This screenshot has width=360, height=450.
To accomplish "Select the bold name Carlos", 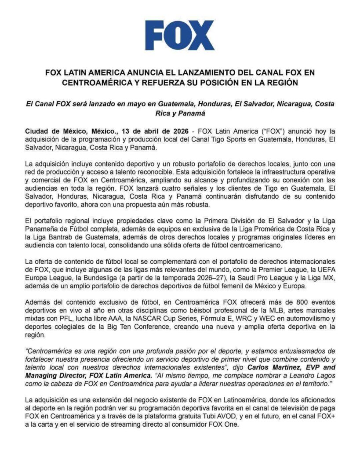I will click(x=249, y=367).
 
